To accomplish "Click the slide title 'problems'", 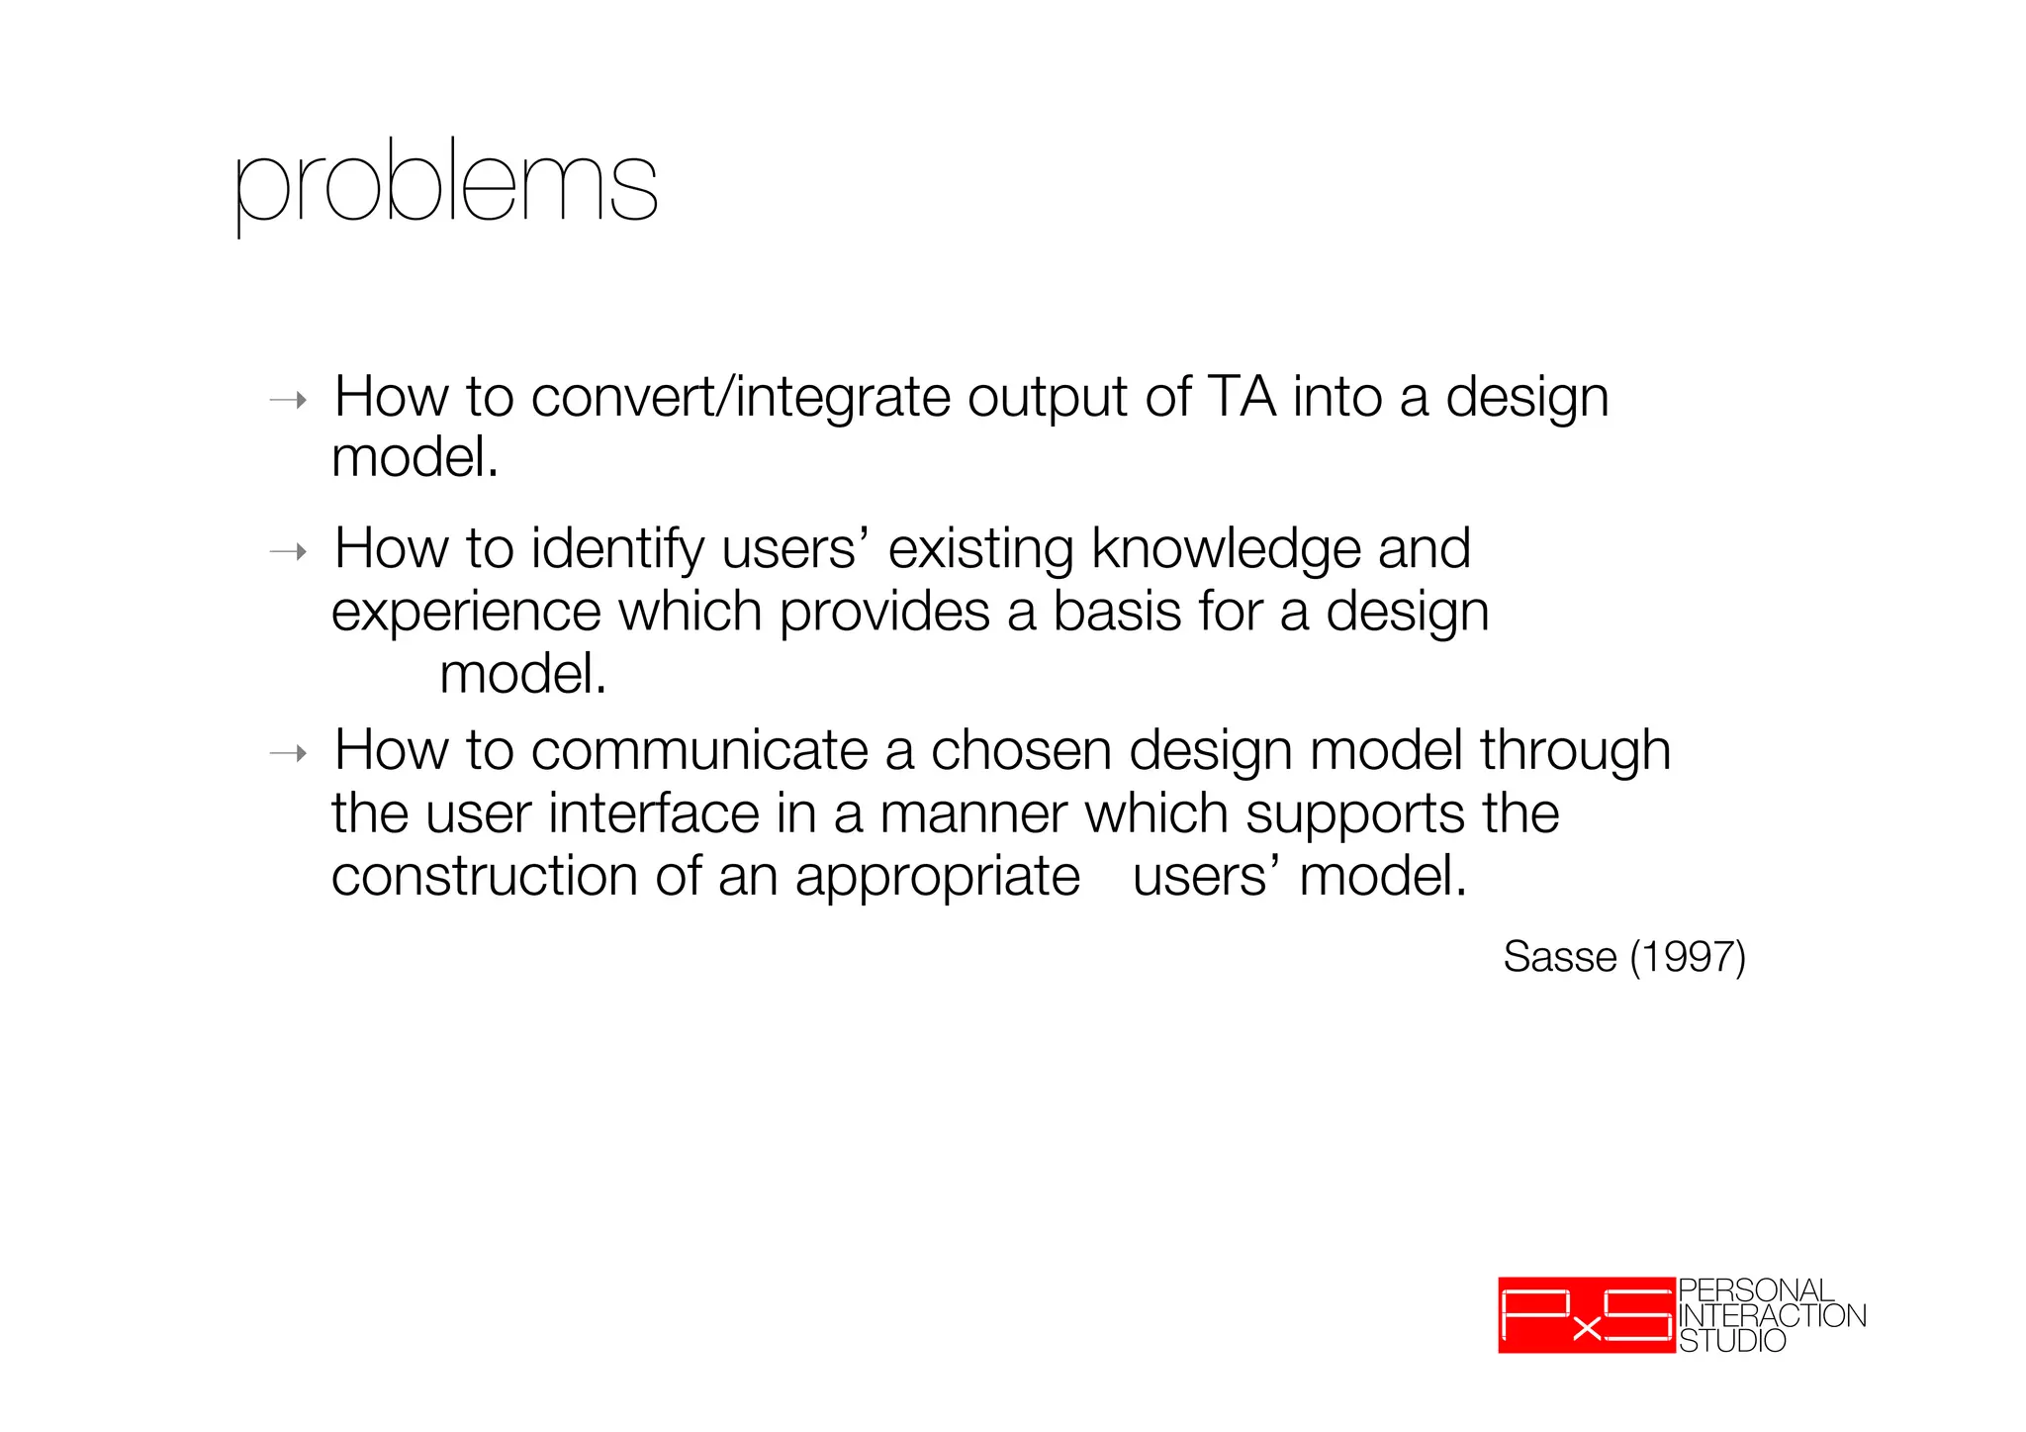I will pos(445,185).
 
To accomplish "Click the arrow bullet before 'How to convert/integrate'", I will pos(289,401).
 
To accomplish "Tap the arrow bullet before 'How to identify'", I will pos(289,552).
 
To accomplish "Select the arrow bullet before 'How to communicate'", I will pos(289,754).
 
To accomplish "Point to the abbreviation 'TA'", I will pos(1242,398).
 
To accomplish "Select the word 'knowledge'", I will pos(1225,550).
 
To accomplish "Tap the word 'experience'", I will pos(465,613).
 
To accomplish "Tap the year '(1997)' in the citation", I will pos(1687,957).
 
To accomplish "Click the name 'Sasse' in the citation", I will pos(1559,957).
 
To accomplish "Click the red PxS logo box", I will pos(1586,1315).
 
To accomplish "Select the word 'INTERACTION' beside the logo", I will pos(1772,1315).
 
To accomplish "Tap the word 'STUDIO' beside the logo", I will pos(1732,1341).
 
